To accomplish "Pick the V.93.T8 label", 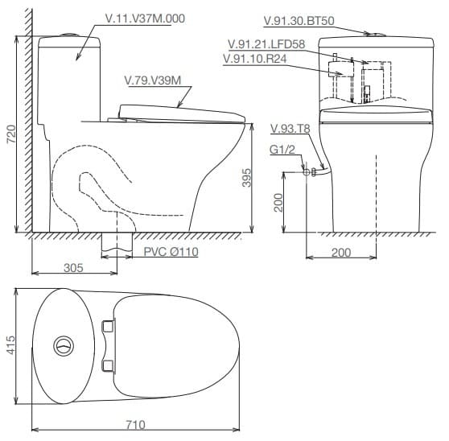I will click(290, 129).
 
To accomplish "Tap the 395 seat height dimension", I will click(247, 177).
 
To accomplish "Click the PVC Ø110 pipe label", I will click(171, 252).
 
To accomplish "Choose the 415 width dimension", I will click(10, 345).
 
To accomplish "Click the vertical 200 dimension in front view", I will click(278, 202).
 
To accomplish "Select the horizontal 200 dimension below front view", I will click(341, 252).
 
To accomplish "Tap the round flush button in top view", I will click(63, 347).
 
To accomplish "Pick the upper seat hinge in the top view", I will click(109, 325).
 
